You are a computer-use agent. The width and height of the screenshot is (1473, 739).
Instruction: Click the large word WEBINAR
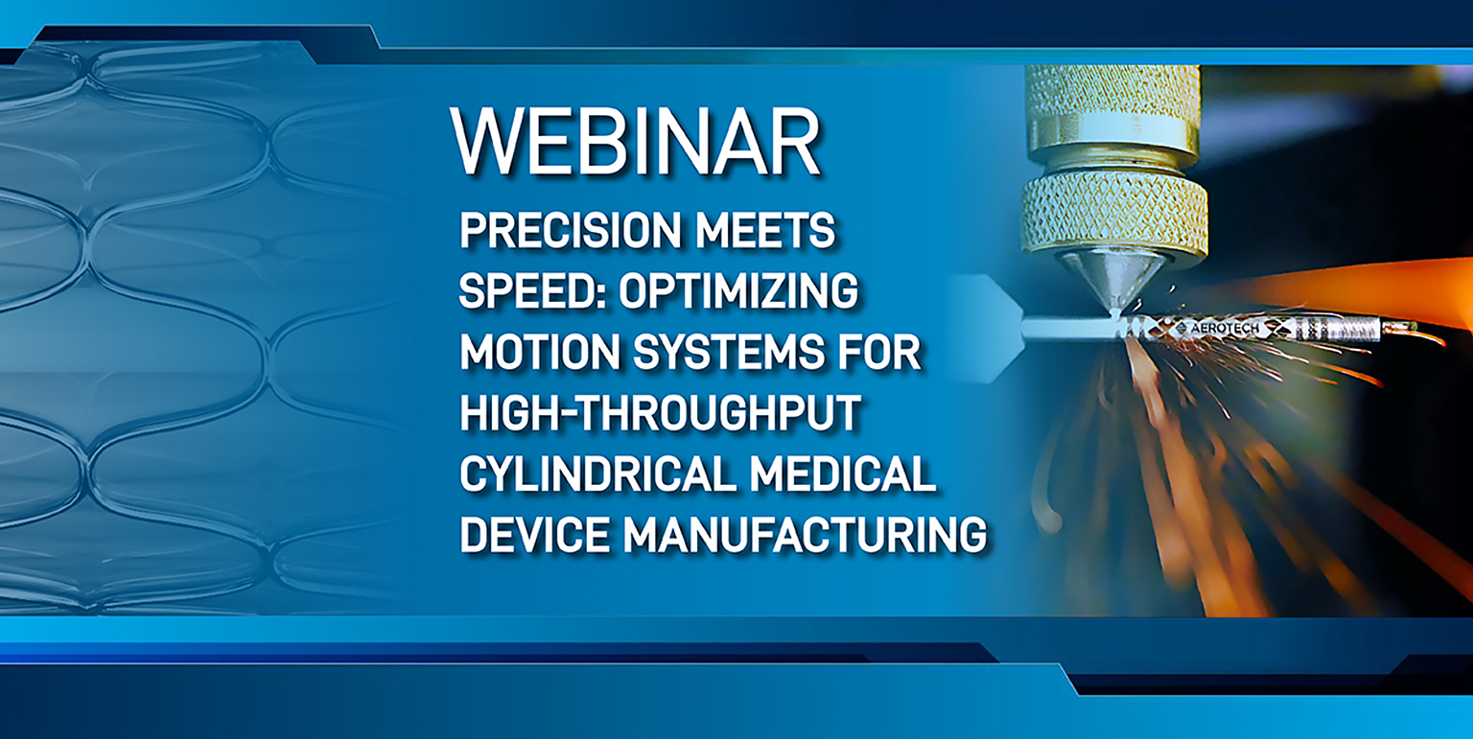click(x=635, y=141)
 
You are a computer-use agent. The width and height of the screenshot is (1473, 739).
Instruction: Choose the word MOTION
click(x=540, y=352)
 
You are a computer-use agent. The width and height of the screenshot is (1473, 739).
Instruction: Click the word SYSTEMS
click(x=729, y=352)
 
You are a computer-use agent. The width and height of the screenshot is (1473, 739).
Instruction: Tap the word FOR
click(x=879, y=352)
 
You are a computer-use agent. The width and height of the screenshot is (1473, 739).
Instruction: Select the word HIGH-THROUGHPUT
click(x=660, y=413)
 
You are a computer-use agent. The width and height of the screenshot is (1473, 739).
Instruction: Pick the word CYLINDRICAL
click(x=597, y=473)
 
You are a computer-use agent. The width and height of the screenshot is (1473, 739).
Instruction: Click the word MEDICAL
click(x=842, y=473)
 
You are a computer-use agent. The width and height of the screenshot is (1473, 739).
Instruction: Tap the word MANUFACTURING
click(x=805, y=535)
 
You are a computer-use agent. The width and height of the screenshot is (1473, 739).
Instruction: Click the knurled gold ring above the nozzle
click(x=1114, y=215)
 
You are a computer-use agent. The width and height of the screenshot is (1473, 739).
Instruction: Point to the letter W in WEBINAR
click(x=490, y=141)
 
